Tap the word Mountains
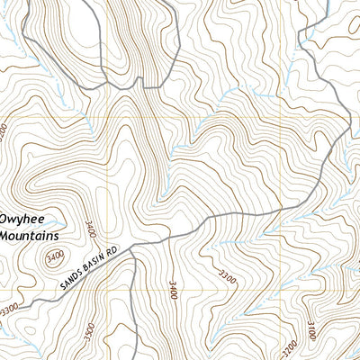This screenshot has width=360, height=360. (29, 235)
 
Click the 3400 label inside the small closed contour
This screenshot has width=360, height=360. (54, 259)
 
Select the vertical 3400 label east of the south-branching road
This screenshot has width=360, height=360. (171, 289)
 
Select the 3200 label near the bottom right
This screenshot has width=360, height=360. (289, 347)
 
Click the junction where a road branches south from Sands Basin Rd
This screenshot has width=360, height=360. (134, 250)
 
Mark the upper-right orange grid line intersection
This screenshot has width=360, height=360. (288, 118)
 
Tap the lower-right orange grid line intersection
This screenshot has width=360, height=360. (288, 292)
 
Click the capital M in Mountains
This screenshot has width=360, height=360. (5, 235)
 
